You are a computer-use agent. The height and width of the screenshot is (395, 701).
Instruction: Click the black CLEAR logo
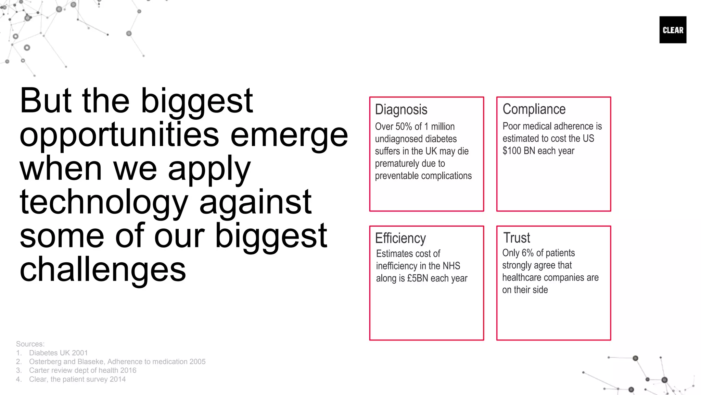pyautogui.click(x=673, y=30)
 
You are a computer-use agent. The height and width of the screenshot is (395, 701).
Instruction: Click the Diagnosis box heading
pyautogui.click(x=401, y=110)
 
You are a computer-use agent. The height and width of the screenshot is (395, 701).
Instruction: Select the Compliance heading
pyautogui.click(x=534, y=109)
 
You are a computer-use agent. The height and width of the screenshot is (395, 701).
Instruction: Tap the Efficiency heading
pyautogui.click(x=400, y=238)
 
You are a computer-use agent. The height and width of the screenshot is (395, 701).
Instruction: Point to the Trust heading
pyautogui.click(x=517, y=238)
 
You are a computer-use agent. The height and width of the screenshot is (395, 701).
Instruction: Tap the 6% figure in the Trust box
pyautogui.click(x=527, y=253)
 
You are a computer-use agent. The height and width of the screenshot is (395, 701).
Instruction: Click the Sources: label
pyautogui.click(x=30, y=344)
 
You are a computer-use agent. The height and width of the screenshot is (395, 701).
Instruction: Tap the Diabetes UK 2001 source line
pyautogui.click(x=58, y=353)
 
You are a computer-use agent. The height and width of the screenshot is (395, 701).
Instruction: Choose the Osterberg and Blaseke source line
pyautogui.click(x=117, y=362)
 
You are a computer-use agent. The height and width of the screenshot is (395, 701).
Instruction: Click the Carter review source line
pyautogui.click(x=82, y=370)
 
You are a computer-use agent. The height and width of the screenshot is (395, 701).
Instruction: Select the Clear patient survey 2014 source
pyautogui.click(x=77, y=379)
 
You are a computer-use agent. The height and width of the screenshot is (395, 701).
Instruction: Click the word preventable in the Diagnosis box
pyautogui.click(x=397, y=176)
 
